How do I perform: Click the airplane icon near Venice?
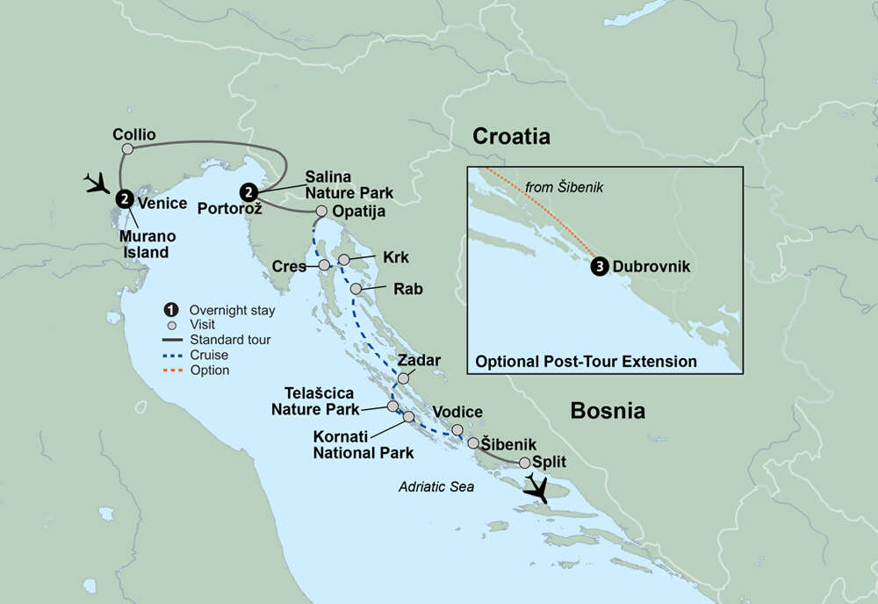(96, 183)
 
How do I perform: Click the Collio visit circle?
(127, 149)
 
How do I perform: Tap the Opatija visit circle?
(321, 212)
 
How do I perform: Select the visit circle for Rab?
(356, 289)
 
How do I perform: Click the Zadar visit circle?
(404, 378)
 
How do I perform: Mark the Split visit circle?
(524, 463)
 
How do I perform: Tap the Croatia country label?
(511, 136)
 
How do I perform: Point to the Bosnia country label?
(608, 410)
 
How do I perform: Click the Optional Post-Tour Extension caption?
(586, 362)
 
